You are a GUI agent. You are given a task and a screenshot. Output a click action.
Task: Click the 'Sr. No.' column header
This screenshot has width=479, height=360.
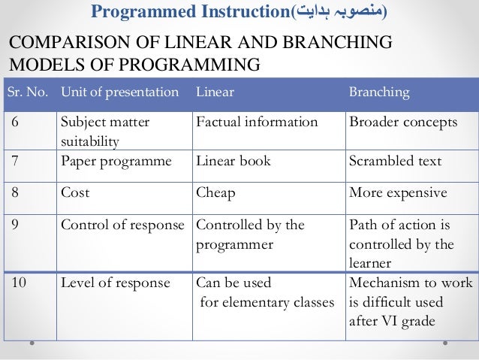[28, 92]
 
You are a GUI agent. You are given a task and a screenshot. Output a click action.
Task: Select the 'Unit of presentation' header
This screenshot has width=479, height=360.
[119, 92]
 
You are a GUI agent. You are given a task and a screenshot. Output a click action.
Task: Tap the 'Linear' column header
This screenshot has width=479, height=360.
[215, 92]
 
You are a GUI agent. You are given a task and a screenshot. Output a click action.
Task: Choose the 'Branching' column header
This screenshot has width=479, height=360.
[379, 92]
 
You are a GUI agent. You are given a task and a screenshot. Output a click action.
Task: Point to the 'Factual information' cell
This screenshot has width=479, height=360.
[256, 123]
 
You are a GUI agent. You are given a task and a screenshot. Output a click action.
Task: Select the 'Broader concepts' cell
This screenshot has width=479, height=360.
[403, 123]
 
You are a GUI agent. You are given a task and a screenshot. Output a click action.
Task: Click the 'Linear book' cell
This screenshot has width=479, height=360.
[231, 161]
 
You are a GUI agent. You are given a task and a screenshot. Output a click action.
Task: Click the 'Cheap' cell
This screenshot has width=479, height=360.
[215, 192]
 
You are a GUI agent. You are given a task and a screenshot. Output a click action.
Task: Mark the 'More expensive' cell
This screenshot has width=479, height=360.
[398, 192]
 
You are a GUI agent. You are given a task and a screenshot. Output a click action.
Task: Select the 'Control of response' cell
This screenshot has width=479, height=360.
[122, 225]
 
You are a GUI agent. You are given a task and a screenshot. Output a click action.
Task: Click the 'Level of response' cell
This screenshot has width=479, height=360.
[115, 283]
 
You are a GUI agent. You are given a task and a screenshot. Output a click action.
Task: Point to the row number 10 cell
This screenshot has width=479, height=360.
[18, 283]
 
